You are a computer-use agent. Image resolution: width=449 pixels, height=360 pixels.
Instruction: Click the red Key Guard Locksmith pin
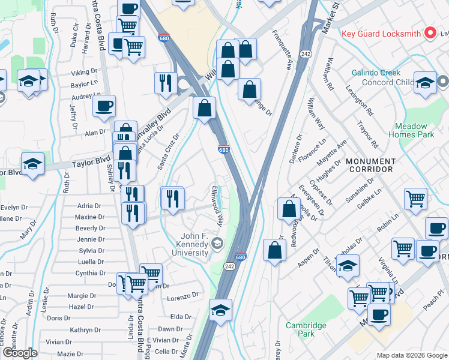(429, 33)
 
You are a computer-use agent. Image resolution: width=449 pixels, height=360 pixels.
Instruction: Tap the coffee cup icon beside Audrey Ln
(104, 106)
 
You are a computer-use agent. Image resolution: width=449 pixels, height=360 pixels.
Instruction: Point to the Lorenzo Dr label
(182, 296)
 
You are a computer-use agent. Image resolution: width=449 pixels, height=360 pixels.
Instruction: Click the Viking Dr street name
(84, 73)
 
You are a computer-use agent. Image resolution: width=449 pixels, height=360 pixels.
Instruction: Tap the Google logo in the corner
(19, 353)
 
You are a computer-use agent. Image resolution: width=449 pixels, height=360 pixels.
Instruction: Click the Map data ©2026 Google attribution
(412, 355)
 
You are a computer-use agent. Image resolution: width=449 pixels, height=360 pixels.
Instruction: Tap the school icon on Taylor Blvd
(32, 164)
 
